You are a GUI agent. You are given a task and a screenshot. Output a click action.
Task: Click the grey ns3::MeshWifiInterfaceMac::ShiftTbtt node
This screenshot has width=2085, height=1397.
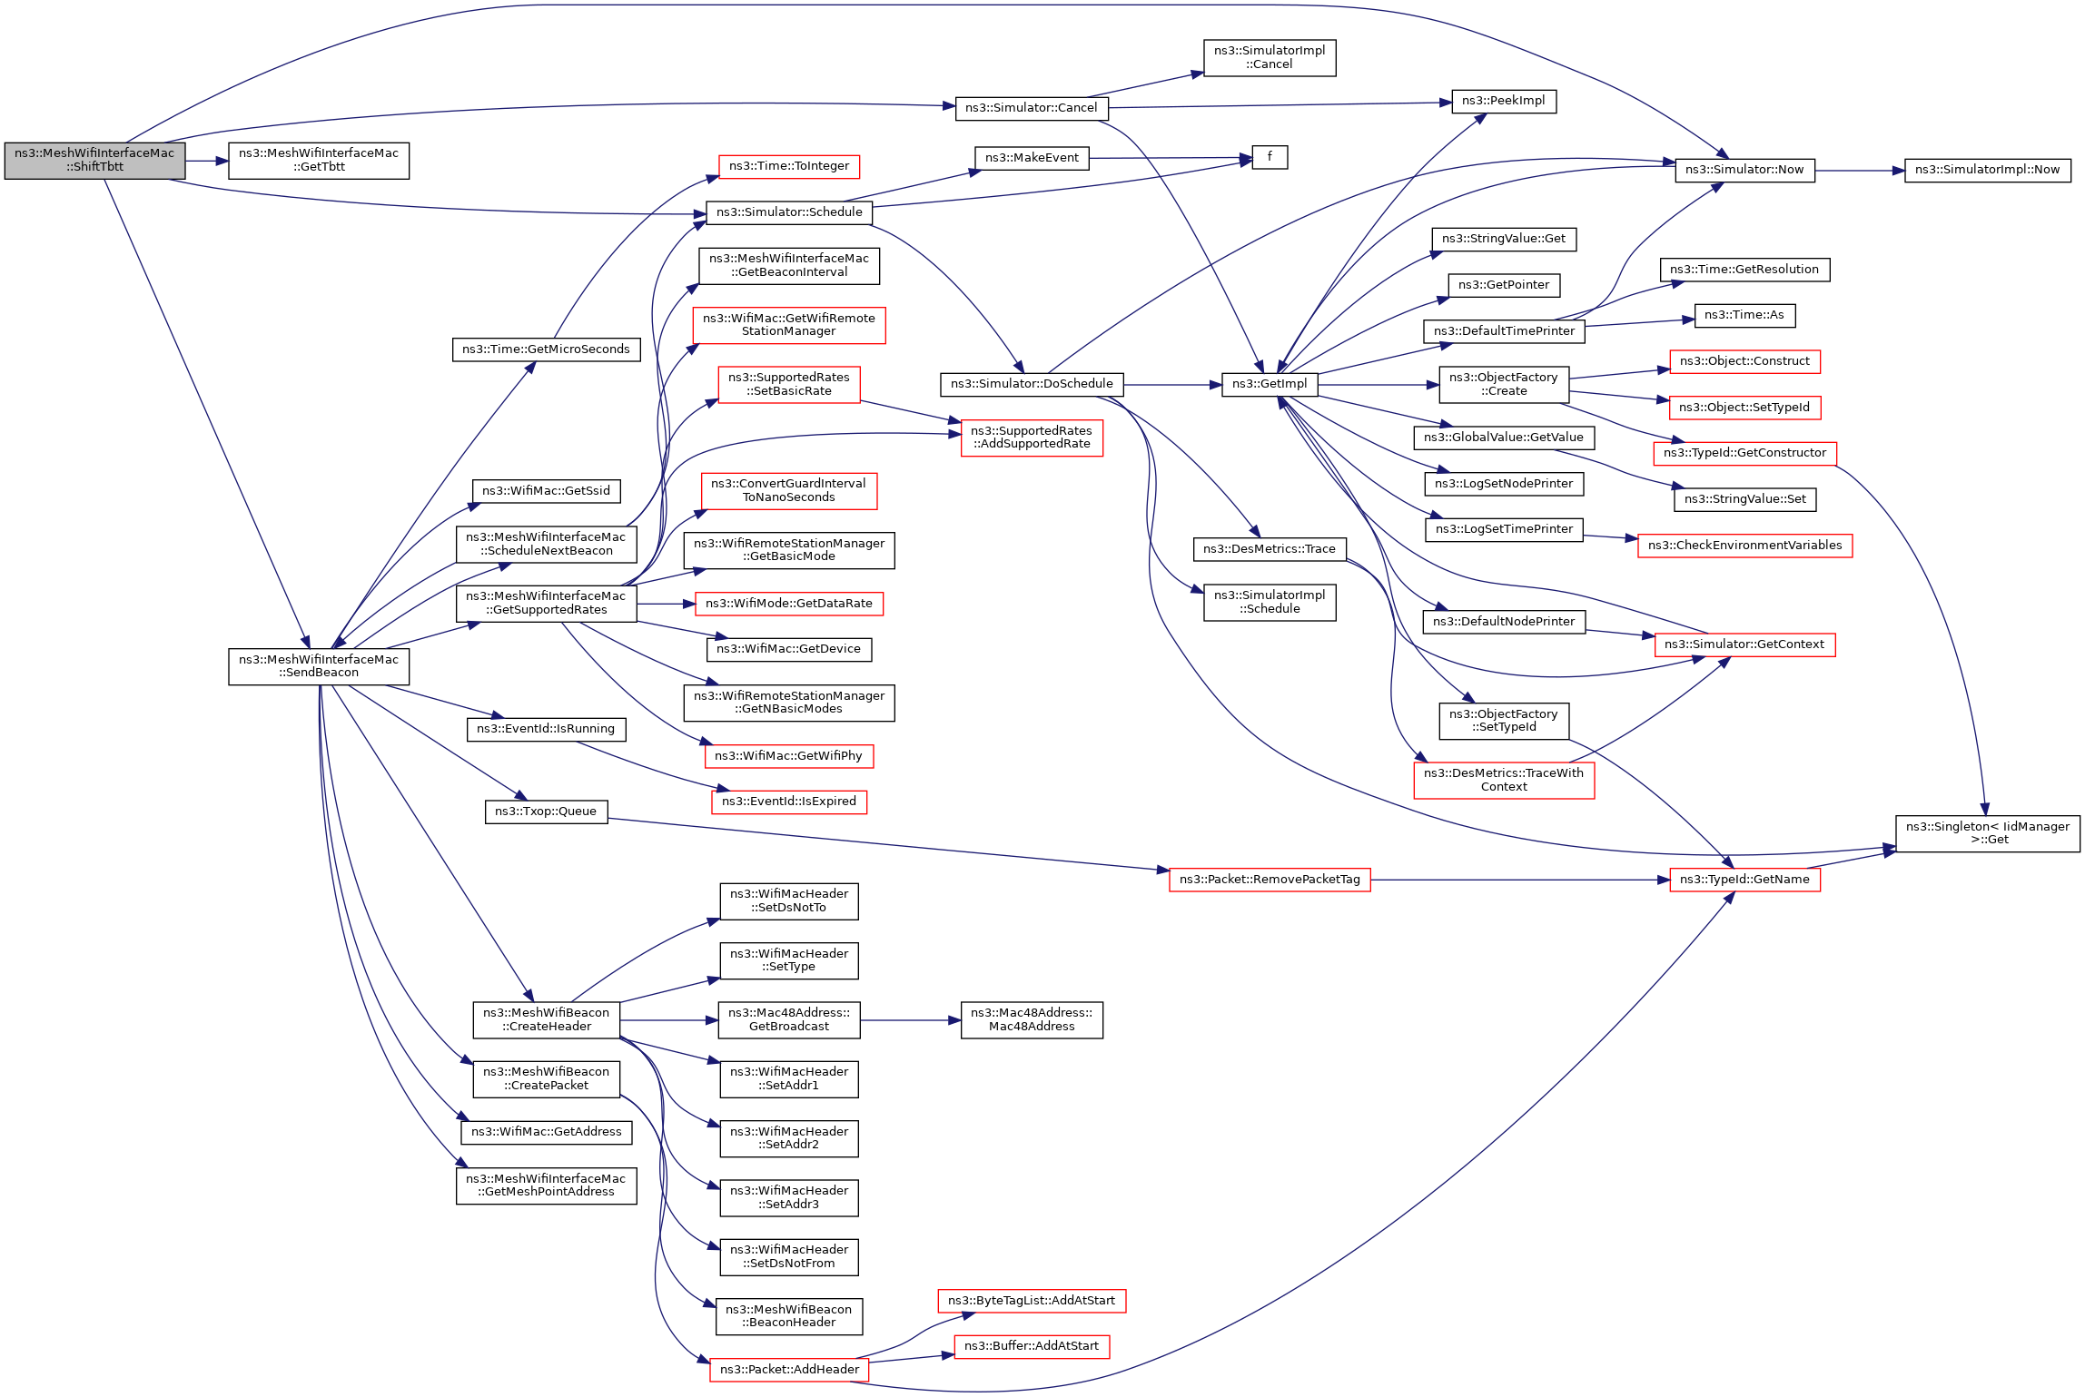click(x=94, y=161)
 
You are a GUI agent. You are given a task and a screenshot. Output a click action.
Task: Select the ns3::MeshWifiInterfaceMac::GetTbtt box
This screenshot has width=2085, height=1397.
click(x=318, y=161)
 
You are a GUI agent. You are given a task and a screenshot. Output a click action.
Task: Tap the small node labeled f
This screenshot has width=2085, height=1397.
click(x=1269, y=157)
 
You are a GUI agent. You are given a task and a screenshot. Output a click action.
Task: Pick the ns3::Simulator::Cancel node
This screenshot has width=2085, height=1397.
click(x=1031, y=108)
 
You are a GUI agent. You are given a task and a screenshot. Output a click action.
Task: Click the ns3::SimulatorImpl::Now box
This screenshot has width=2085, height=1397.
click(x=1987, y=170)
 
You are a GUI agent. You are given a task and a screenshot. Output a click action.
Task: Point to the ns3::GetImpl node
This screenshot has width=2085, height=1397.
click(x=1269, y=384)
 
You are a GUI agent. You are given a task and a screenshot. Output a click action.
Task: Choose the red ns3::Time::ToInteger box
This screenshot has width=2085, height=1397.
click(x=788, y=166)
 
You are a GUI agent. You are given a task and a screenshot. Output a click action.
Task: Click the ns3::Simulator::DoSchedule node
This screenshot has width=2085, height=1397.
click(x=1032, y=384)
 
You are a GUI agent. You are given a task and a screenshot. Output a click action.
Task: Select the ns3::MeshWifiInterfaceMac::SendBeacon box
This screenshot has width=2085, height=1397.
click(x=318, y=666)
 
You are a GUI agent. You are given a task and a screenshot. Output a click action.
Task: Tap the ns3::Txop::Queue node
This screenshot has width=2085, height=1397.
click(x=545, y=812)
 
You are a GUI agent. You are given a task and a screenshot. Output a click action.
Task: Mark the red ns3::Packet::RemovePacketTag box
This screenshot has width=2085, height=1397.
click(x=1269, y=880)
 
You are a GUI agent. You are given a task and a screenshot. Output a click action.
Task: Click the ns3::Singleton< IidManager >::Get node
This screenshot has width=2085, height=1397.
click(x=1987, y=833)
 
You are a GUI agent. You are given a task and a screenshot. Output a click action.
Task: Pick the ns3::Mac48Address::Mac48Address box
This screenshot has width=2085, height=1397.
click(x=1031, y=1020)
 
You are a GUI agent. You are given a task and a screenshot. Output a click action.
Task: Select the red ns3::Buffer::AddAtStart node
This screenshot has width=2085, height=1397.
click(x=1031, y=1346)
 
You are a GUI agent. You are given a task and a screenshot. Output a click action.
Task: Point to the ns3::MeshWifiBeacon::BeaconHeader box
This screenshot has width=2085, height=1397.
click(x=788, y=1316)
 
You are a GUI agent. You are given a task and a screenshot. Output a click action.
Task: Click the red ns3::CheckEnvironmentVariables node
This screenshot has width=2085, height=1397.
click(x=1744, y=546)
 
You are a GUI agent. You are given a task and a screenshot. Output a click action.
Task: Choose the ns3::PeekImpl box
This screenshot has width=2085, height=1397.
click(x=1503, y=101)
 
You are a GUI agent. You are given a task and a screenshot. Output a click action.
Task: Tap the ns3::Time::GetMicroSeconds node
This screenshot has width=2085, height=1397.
click(x=545, y=349)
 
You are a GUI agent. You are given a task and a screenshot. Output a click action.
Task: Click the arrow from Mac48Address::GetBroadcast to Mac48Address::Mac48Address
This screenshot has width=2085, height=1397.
click(x=909, y=1020)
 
